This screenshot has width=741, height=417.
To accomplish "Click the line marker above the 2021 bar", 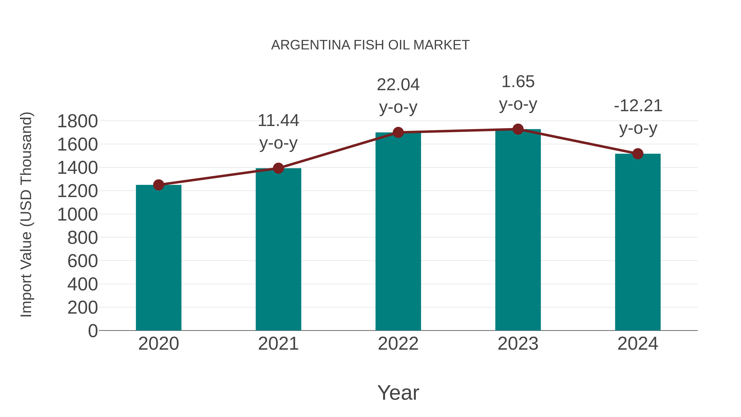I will click(278, 168).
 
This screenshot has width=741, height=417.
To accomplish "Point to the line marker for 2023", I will click(518, 129).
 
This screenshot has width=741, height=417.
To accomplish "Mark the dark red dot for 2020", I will click(158, 185).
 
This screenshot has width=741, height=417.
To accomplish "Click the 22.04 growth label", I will click(398, 85).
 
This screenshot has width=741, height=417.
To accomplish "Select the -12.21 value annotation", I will click(638, 106).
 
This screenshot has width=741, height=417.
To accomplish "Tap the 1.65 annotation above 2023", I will click(518, 82).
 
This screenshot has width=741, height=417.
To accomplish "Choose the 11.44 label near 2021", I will click(278, 121).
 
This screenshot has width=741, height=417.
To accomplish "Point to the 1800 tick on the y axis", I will click(77, 121).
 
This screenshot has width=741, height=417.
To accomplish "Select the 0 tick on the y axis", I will click(93, 331).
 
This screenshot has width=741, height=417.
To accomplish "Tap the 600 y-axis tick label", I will click(83, 261).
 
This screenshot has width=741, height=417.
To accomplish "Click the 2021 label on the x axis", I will click(278, 344).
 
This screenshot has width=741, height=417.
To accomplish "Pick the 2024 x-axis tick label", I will click(637, 344).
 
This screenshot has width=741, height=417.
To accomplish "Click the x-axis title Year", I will click(398, 392).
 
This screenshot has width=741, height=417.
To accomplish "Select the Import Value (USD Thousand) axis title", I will click(26, 214).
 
